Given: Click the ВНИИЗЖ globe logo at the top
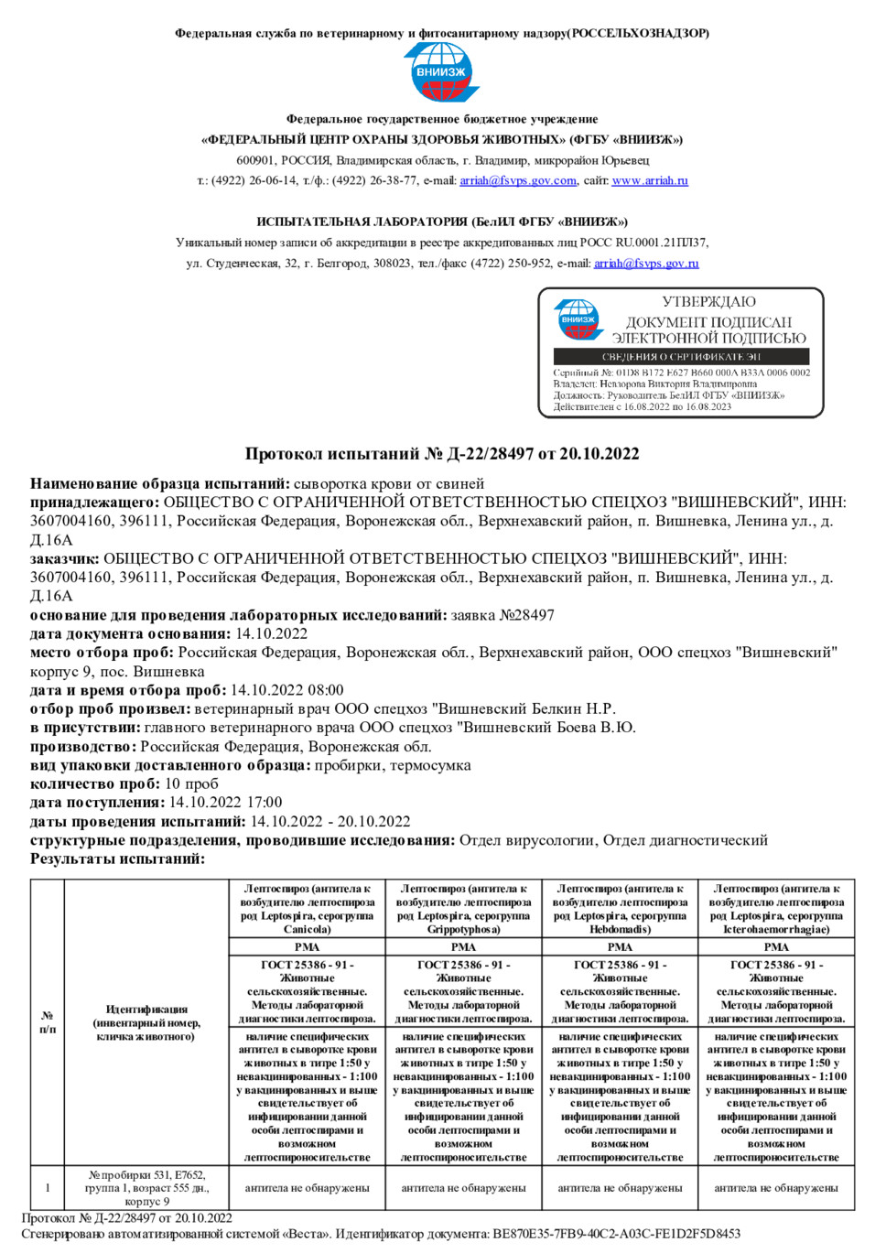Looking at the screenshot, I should coord(441,72).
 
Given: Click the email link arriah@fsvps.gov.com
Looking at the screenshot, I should coord(518,181).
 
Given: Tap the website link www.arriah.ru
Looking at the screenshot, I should coord(650,181).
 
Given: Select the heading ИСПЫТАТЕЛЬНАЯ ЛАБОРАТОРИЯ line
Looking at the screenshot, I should coord(442,221).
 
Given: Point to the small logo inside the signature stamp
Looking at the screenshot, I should coord(578,320).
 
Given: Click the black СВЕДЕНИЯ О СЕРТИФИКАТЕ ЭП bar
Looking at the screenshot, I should coord(681,356).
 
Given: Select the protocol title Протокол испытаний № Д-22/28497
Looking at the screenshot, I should coord(442,454).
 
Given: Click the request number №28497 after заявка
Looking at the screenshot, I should coord(526,615).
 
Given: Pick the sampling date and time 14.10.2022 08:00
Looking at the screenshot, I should coord(286,690).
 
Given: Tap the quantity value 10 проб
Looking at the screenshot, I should coord(191,783).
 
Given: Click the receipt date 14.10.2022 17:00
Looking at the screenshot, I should coord(225,803).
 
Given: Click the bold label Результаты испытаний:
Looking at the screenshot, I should coord(117,859).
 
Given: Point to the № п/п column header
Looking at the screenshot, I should coord(48,1022).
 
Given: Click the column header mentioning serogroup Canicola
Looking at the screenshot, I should coord(308,908).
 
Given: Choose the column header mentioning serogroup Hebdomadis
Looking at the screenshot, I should coord(620,908).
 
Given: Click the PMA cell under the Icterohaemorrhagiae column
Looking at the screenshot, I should coord(776,947).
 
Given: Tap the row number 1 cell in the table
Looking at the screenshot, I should coord(48,1188).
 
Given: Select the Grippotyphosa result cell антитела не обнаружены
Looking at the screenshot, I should coord(463,1188).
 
